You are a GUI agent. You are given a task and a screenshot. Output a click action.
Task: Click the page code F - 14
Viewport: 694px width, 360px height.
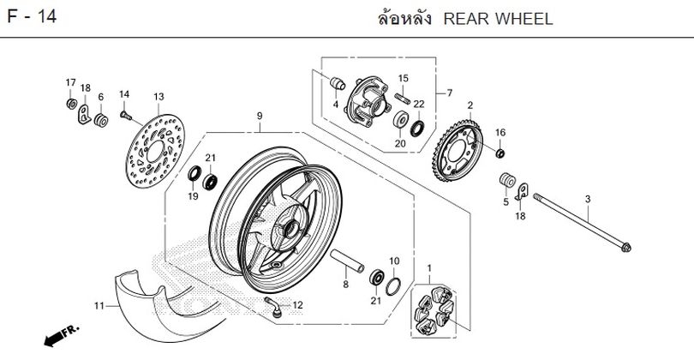pos(33,18)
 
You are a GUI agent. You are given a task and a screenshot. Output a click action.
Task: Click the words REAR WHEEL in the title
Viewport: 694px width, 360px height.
pos(499,18)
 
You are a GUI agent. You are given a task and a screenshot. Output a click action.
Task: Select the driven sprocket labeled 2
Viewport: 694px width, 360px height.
pos(459,146)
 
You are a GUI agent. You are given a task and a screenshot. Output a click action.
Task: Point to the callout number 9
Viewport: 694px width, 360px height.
pos(258,116)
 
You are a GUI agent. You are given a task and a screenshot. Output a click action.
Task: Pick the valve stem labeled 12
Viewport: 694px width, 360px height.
pos(272,307)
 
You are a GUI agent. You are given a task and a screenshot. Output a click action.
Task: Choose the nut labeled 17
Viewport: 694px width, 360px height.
pos(70,104)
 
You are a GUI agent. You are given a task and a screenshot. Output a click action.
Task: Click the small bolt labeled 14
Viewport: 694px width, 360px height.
pos(125,112)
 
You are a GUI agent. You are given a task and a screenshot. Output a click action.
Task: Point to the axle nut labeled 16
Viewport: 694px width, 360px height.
pos(500,153)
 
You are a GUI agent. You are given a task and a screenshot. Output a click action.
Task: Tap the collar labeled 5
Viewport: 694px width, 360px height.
pos(506,182)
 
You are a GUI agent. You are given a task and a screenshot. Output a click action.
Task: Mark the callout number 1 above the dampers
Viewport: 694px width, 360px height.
pos(428,267)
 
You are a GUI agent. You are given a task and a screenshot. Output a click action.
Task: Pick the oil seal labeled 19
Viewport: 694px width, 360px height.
pos(194,177)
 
